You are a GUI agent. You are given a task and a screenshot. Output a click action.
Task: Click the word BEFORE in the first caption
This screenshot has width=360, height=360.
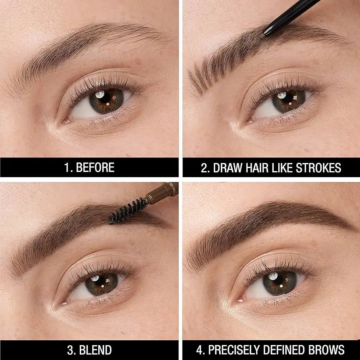click(x=96, y=168)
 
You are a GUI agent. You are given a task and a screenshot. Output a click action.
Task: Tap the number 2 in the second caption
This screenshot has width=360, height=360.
click(x=204, y=168)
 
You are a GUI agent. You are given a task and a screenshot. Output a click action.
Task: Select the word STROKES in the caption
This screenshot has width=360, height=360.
click(x=320, y=168)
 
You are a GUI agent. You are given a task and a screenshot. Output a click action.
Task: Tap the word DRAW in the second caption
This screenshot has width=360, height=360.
click(x=224, y=168)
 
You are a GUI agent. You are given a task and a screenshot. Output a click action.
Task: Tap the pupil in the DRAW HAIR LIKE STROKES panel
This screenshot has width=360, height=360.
click(x=288, y=101)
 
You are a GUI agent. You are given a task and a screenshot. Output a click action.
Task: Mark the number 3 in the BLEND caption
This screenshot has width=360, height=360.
click(x=70, y=350)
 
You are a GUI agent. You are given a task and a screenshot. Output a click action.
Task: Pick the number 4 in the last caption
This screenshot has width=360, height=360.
click(x=189, y=350)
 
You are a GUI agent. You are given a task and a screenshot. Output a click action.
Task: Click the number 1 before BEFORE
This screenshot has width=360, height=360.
click(x=67, y=168)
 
